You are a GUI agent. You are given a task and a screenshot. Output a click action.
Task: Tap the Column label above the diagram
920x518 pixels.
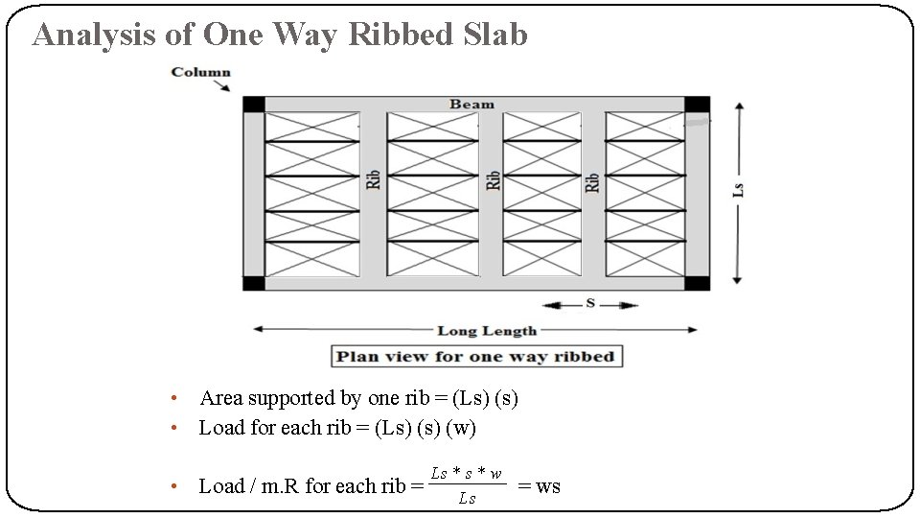(x=200, y=72)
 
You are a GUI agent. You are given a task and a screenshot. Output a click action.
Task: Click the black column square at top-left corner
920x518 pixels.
(x=253, y=104)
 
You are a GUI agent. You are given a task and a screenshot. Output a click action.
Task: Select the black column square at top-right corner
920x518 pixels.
(x=697, y=104)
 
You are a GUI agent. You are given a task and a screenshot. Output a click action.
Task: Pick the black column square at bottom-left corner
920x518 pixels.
(x=253, y=283)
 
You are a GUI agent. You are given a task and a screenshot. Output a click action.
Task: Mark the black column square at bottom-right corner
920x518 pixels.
(x=697, y=283)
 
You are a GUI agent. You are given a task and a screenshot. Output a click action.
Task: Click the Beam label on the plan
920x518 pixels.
(x=472, y=104)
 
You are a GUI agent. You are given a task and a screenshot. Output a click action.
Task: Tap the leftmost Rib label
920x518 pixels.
(x=373, y=179)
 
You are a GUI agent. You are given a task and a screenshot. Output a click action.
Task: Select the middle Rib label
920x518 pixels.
(x=493, y=179)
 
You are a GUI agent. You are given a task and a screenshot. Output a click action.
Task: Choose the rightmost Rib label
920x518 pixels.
(x=591, y=182)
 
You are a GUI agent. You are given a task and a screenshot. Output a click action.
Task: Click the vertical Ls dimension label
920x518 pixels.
(x=738, y=190)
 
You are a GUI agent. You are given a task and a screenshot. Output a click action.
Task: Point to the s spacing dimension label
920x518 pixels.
(x=590, y=303)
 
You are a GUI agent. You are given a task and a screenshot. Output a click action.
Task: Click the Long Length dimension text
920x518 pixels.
(x=487, y=331)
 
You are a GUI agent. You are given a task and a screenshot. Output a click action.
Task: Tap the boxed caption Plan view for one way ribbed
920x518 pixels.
(x=476, y=357)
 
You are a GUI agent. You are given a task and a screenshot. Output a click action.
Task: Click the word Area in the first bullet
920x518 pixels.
(x=220, y=398)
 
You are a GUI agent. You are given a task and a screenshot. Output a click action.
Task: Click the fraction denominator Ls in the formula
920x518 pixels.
(x=467, y=499)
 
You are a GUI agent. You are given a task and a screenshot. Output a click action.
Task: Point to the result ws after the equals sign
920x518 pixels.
(x=548, y=486)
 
